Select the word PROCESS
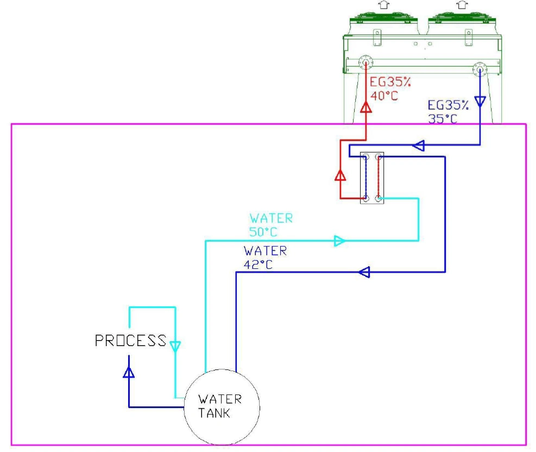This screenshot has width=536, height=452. pyautogui.click(x=130, y=341)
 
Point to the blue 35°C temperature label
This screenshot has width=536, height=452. pyautogui.click(x=443, y=118)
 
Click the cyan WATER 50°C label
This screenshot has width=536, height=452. pyautogui.click(x=271, y=224)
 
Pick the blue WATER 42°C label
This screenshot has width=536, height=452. pyautogui.click(x=265, y=258)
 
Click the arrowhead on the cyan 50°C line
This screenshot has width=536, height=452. pyautogui.click(x=340, y=241)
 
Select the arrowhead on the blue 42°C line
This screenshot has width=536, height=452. pyautogui.click(x=364, y=272)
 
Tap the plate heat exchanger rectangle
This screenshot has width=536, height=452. pyautogui.click(x=373, y=178)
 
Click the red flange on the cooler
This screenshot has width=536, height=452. pyautogui.click(x=365, y=64)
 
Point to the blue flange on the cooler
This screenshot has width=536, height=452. pyautogui.click(x=480, y=68)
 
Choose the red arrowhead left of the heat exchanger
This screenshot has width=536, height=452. pyautogui.click(x=340, y=175)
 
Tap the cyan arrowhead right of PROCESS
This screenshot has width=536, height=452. pyautogui.click(x=175, y=346)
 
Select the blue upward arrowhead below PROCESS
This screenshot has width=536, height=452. pyautogui.click(x=129, y=372)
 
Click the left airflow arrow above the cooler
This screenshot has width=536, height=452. pyautogui.click(x=384, y=4)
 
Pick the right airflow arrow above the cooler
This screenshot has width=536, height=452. pyautogui.click(x=462, y=4)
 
